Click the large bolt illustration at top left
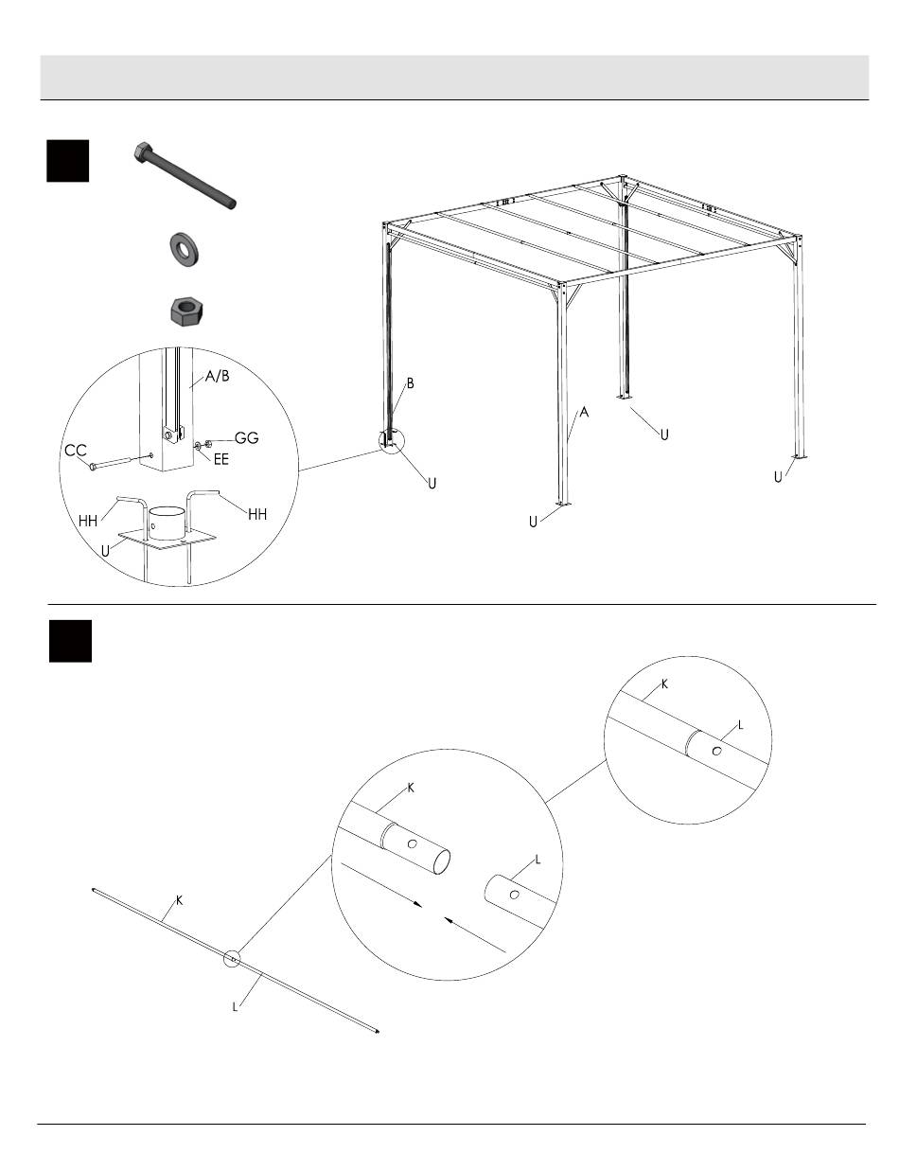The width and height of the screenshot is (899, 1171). (x=185, y=176)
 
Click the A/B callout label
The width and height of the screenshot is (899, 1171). (x=217, y=376)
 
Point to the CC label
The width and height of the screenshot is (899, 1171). (x=76, y=450)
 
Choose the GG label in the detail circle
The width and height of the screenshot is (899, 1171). (x=246, y=437)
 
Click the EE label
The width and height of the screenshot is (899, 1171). (x=220, y=459)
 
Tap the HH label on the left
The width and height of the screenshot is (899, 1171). (x=88, y=521)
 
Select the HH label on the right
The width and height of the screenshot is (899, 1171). (x=257, y=514)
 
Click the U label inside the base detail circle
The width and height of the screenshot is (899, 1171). (x=105, y=551)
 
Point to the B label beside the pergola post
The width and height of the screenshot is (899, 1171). (x=411, y=383)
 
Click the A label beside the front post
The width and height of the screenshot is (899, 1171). (x=584, y=413)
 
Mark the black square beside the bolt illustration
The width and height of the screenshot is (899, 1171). (x=68, y=161)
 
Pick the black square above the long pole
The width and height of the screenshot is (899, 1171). (x=71, y=641)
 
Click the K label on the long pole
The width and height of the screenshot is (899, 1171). (x=180, y=900)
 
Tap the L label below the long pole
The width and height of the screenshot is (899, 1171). (x=235, y=1006)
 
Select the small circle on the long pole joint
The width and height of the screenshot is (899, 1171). (x=232, y=959)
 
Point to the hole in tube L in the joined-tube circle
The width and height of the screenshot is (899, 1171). (x=716, y=751)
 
